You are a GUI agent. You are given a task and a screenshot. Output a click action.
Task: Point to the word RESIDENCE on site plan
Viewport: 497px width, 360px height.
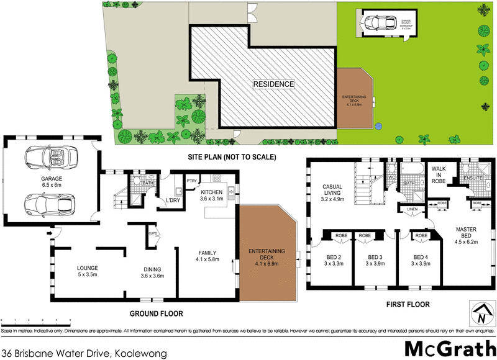pyautogui.click(x=273, y=84)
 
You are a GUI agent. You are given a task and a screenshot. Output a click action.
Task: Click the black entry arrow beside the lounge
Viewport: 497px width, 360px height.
pyautogui.click(x=48, y=234)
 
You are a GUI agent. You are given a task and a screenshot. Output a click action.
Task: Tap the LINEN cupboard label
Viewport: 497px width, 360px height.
pyautogui.click(x=413, y=210)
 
